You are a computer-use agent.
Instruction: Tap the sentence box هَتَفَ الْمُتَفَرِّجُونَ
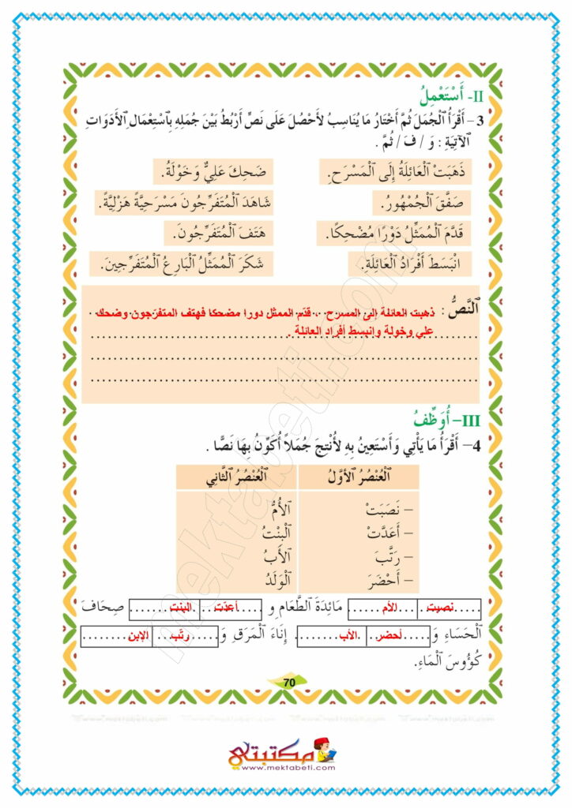(209, 234)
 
